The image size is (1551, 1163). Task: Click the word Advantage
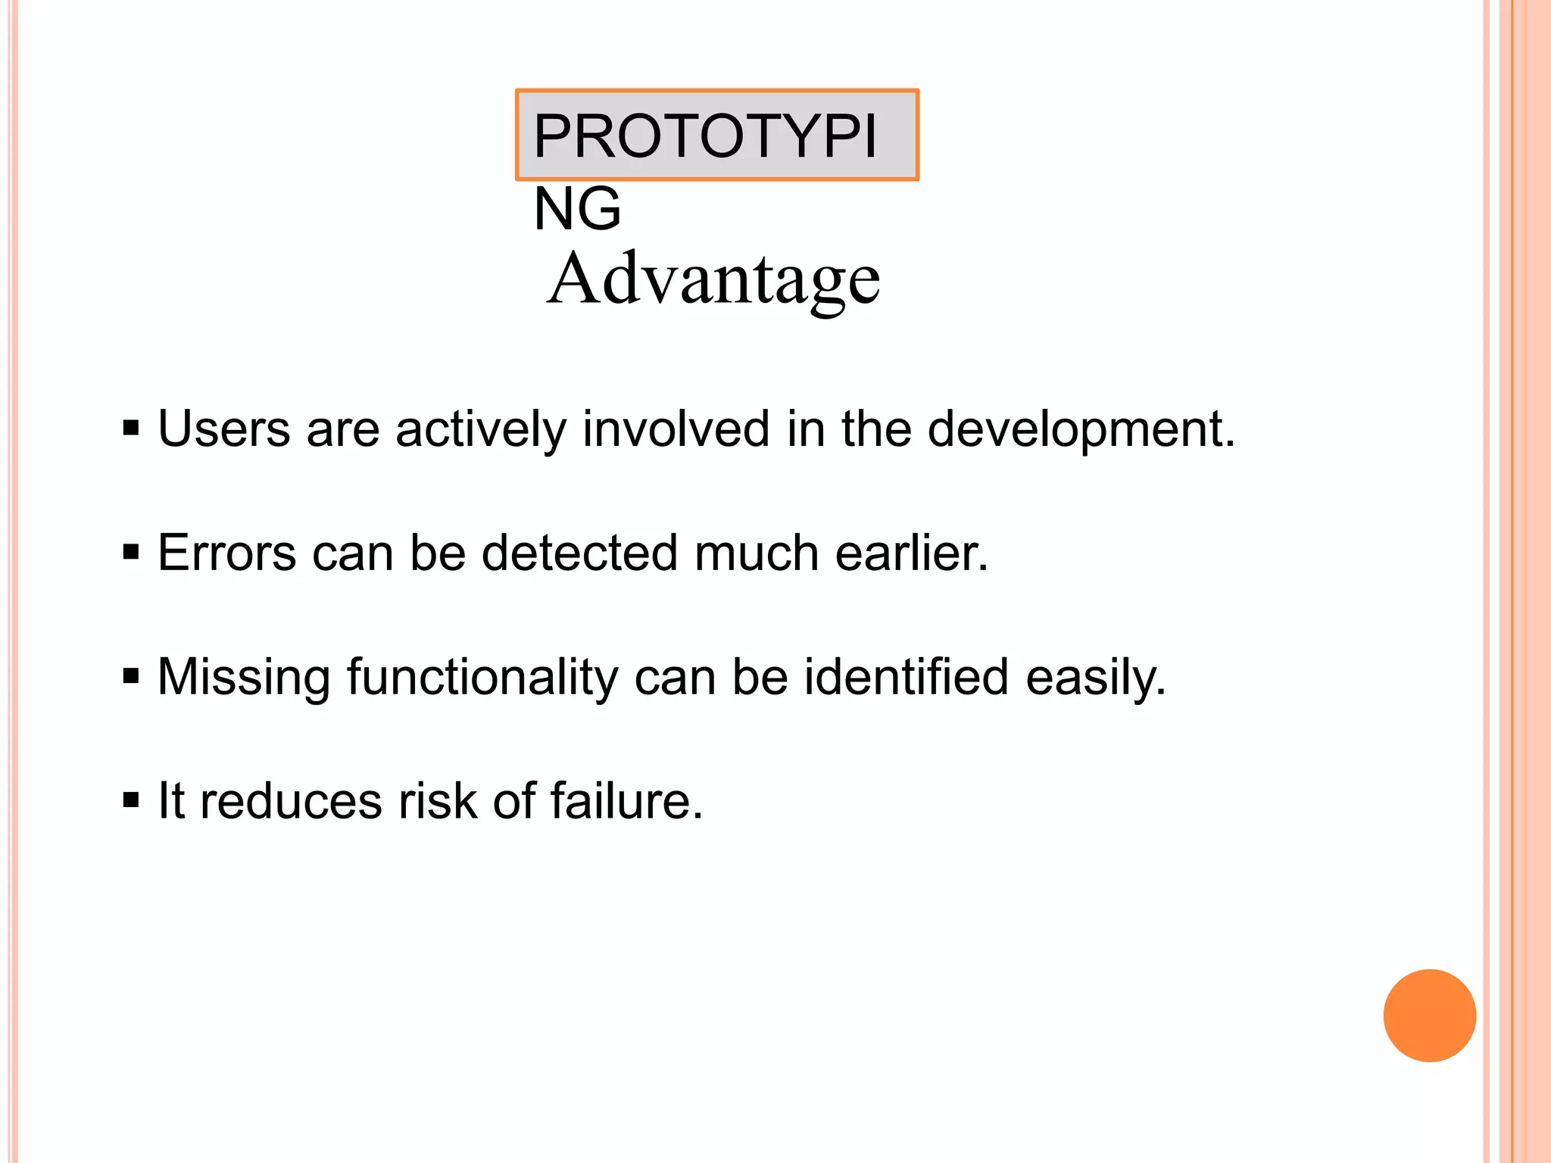(713, 280)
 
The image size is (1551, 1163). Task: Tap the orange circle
(1429, 1015)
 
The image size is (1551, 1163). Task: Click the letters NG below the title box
(577, 209)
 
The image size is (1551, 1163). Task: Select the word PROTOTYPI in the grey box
(704, 136)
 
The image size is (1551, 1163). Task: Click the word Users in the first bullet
(223, 429)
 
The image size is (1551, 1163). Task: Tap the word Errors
(226, 553)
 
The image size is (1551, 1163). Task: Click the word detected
(579, 553)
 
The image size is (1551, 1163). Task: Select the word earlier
(911, 553)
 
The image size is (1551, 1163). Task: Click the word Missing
(244, 678)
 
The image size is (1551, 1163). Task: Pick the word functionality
(482, 678)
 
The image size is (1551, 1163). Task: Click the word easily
(1095, 678)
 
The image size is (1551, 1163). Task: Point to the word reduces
(291, 801)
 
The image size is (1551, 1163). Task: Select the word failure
(626, 801)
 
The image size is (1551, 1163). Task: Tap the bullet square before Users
(131, 429)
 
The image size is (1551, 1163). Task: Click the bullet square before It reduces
(131, 800)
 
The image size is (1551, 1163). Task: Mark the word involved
(676, 429)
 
